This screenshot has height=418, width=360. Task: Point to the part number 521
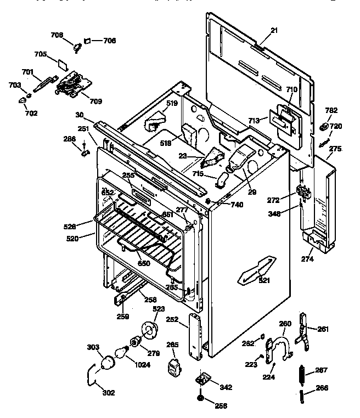point(265,280)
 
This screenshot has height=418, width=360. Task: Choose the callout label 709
point(95,101)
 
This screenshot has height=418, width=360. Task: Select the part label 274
point(307,258)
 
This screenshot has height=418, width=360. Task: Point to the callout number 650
point(143,263)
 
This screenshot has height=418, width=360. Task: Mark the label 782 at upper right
point(331,110)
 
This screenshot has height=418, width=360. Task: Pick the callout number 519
point(172,103)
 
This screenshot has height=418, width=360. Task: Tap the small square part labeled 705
point(63,62)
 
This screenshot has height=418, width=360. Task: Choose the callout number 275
point(335,148)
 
